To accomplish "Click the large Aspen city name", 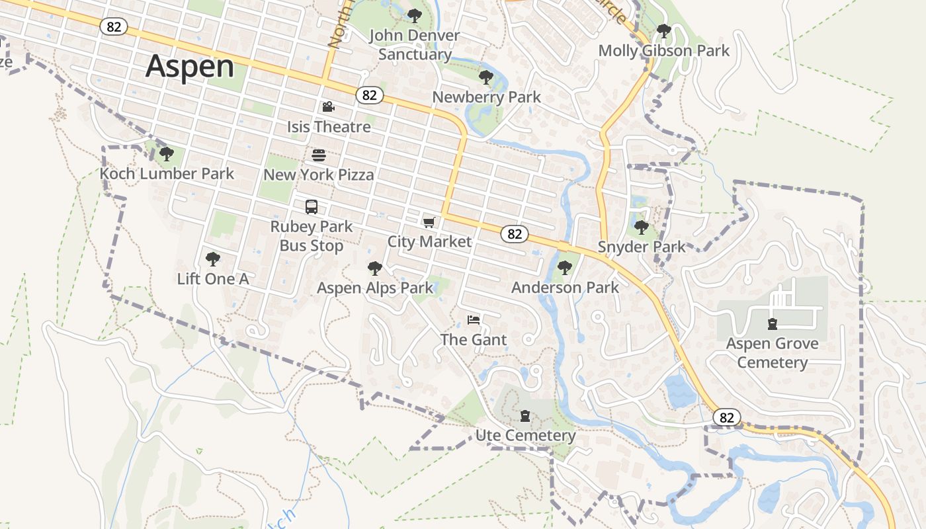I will tap(190, 67).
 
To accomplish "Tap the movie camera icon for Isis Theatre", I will tap(328, 107).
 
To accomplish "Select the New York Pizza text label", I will tap(319, 175).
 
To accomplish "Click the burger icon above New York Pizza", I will tap(319, 155).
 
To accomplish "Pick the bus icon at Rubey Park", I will tap(312, 207).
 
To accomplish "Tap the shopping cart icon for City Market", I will tap(429, 222).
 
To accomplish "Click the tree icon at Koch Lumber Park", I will tap(166, 154).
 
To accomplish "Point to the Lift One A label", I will tap(213, 279).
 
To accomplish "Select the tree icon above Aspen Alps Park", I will tap(375, 268).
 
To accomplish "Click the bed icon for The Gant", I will tap(474, 321).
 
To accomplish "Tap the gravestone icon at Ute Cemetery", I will tap(525, 416).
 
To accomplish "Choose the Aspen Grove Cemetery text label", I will tap(772, 353).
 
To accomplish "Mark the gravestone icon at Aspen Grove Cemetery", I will tap(772, 324).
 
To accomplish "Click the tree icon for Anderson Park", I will tap(564, 268).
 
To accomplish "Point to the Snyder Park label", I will tap(642, 247).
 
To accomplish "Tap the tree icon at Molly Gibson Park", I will tap(663, 31).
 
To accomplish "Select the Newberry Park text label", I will tap(486, 97).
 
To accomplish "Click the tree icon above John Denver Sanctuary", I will tap(415, 16).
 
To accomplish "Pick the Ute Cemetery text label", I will tap(525, 436).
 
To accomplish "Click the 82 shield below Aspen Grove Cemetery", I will tap(726, 417).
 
